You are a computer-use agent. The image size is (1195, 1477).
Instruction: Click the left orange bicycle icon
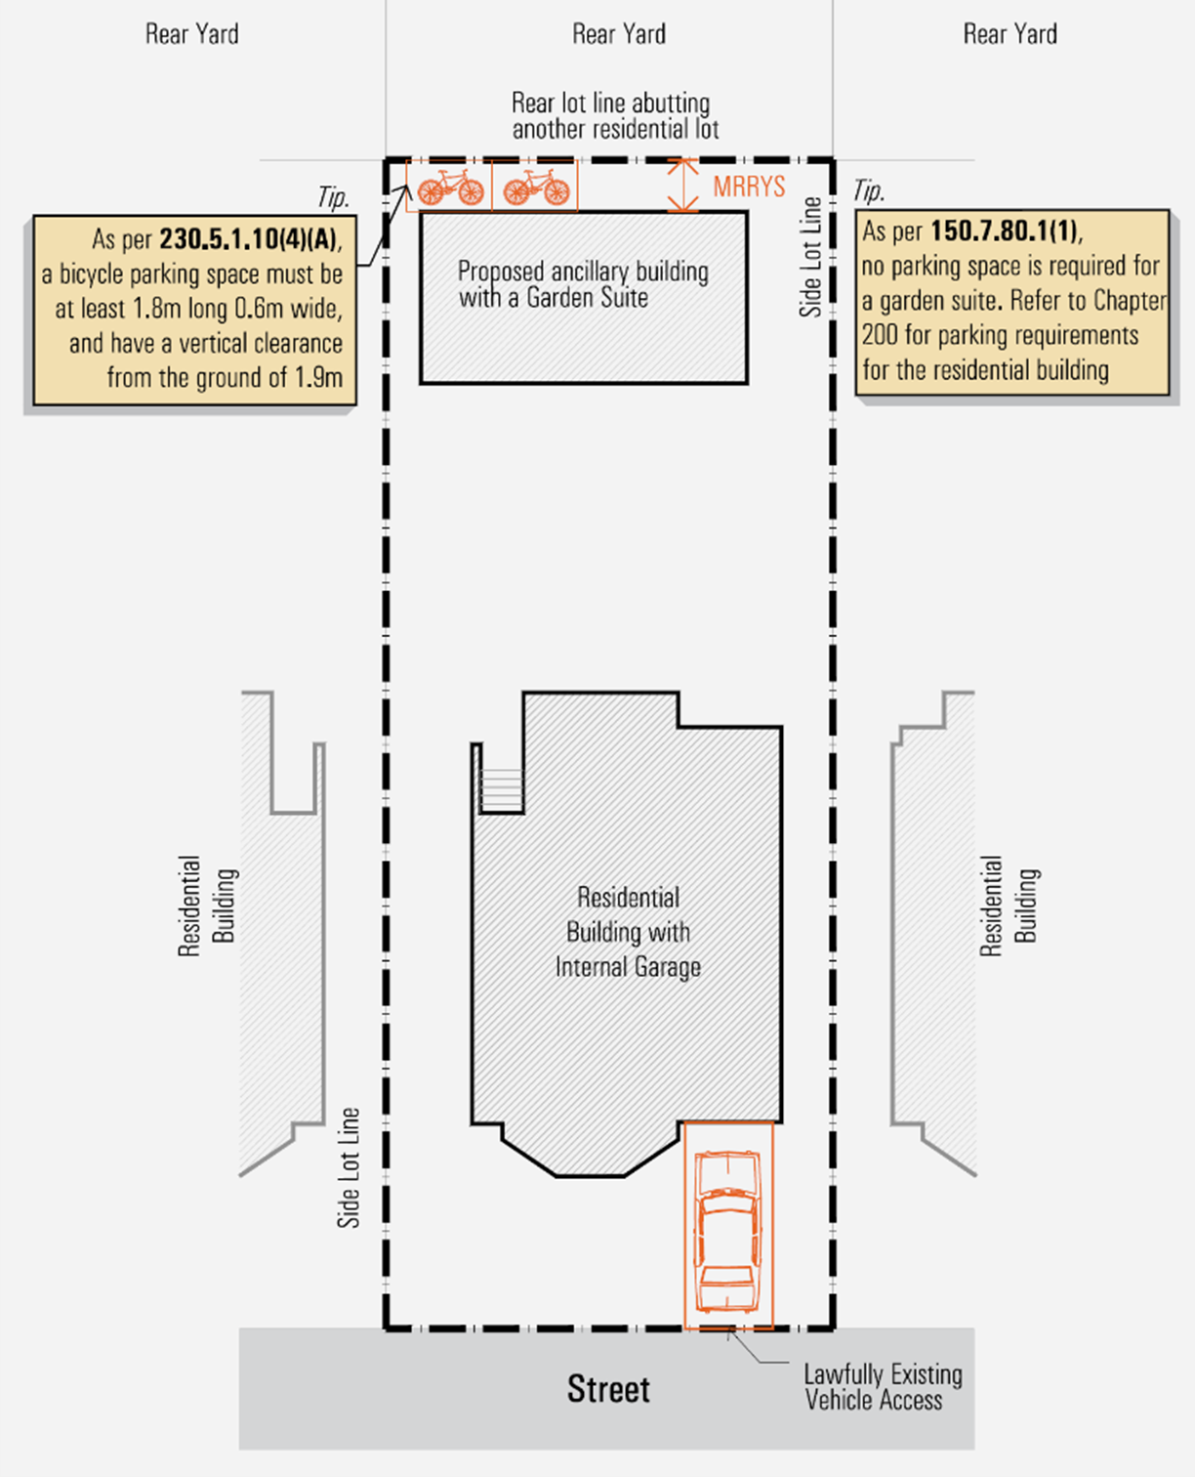click(x=450, y=186)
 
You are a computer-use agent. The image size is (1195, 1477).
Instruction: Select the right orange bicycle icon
click(x=536, y=186)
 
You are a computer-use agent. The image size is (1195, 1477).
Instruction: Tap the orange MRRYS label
click(x=749, y=187)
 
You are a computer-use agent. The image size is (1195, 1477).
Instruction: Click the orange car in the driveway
click(x=727, y=1232)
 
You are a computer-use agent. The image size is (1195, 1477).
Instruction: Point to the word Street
click(x=608, y=1389)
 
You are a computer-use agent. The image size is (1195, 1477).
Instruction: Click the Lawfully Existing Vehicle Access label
click(x=882, y=1387)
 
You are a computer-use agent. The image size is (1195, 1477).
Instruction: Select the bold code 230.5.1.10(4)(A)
click(x=250, y=239)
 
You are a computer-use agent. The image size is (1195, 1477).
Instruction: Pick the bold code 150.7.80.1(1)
click(x=1005, y=231)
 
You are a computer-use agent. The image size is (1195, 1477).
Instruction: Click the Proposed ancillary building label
click(x=583, y=284)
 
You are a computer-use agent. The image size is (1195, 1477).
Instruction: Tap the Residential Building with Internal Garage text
click(x=628, y=932)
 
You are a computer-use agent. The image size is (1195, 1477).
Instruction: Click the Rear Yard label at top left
click(x=191, y=34)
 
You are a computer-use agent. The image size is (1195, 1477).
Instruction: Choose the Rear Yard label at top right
click(x=1010, y=34)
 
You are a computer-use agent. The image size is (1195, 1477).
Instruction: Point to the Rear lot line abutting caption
click(x=614, y=116)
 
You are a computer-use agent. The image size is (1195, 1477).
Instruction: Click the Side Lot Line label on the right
click(x=810, y=257)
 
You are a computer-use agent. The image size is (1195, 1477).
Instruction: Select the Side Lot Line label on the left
click(x=349, y=1167)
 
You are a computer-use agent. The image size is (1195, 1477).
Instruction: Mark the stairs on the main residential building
click(x=501, y=790)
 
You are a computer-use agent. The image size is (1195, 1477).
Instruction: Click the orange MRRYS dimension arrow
click(x=682, y=186)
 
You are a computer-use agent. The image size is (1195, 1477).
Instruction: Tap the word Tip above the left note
click(x=332, y=197)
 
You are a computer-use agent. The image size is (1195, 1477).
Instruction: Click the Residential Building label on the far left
click(x=207, y=906)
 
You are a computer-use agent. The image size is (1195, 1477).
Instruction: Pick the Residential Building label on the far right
click(x=1009, y=906)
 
